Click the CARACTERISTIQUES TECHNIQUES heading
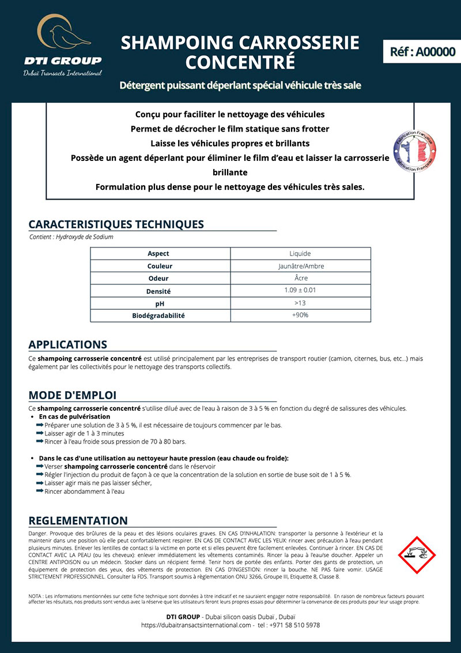pos(116,224)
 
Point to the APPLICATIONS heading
pos(67,344)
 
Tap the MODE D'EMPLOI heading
pos(73,395)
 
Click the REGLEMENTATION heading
pos(78,521)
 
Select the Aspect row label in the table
pos(158,254)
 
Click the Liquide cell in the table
pos(300,254)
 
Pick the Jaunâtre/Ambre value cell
pos(300,267)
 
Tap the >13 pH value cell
pos(300,303)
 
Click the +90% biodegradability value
pos(300,316)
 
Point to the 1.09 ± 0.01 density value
pos(300,291)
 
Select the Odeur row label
pos(158,279)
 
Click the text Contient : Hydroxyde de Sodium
pos(71,237)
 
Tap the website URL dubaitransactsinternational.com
pos(197,625)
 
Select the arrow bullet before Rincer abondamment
pos(40,491)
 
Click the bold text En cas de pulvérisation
pos(74,416)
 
